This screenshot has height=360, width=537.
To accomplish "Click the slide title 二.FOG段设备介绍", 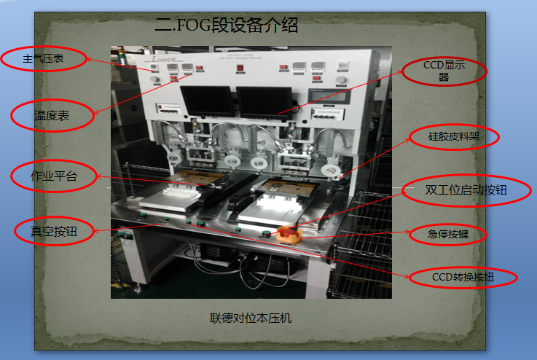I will coord(227,26).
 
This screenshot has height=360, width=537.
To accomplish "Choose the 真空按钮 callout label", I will coord(53,231).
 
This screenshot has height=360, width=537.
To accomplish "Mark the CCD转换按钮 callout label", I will coord(463,278).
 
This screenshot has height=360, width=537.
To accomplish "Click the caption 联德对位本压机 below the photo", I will coord(251,318).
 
